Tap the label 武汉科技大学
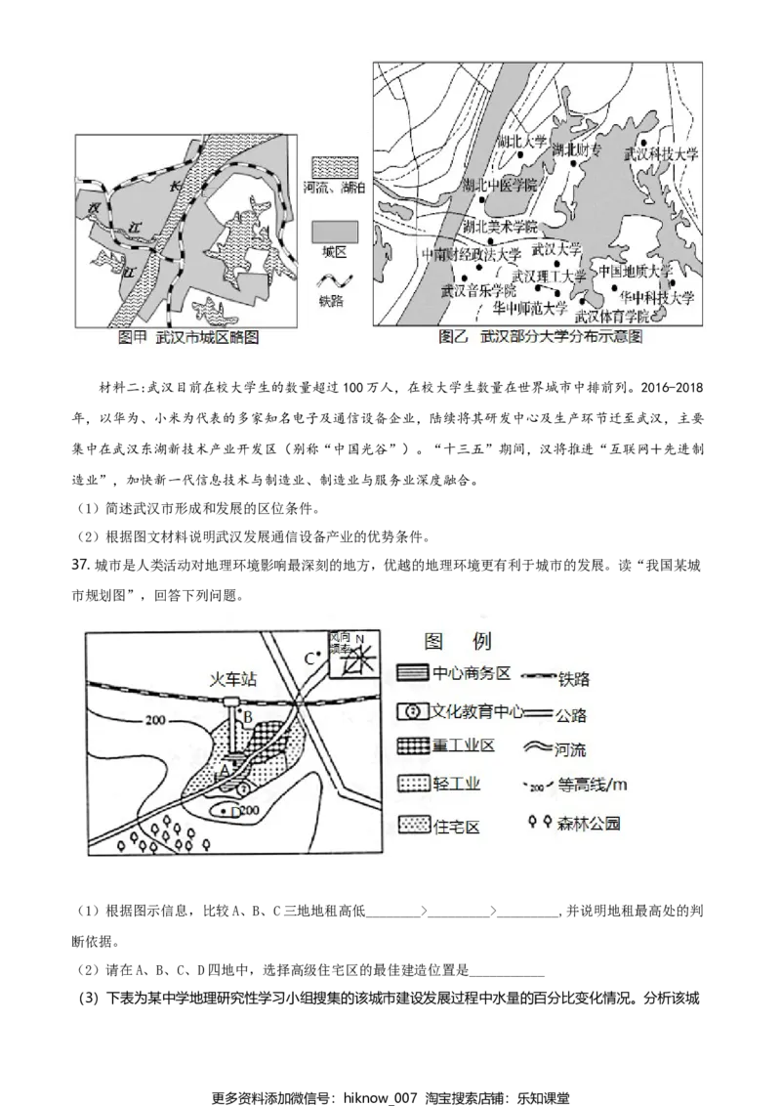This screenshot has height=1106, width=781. click(662, 154)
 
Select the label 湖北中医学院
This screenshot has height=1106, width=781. click(500, 186)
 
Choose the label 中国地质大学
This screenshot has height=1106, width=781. click(635, 271)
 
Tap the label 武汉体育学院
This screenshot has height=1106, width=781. click(612, 317)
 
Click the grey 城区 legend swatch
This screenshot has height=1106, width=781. click(336, 230)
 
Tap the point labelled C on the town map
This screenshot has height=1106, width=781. click(310, 658)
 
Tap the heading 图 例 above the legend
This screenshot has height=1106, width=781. click(458, 641)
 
